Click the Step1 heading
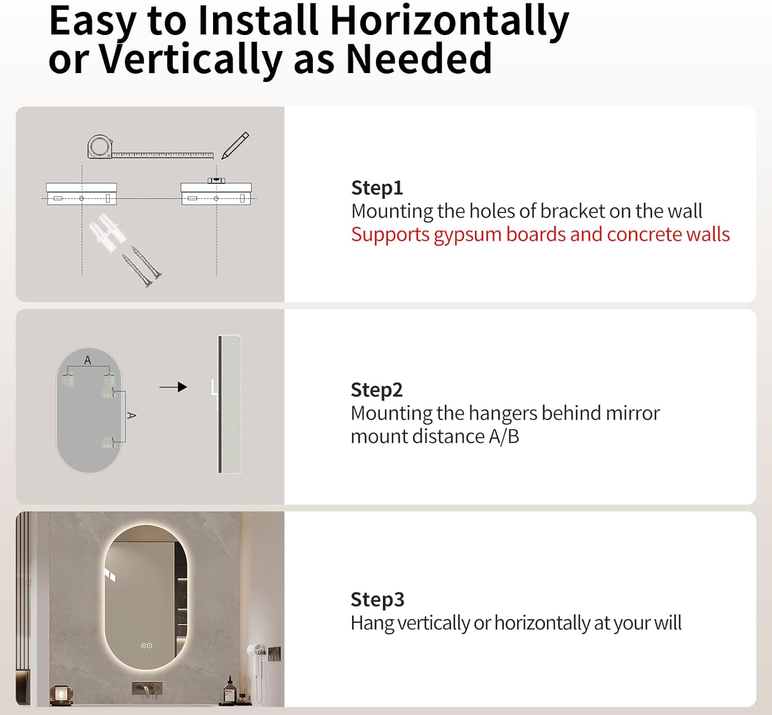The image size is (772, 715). (x=377, y=188)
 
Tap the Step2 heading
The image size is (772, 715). (x=377, y=390)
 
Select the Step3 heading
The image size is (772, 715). (x=377, y=600)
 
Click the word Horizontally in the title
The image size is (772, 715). (x=449, y=22)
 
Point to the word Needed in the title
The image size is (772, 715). (x=419, y=59)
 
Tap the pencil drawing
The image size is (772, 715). (x=235, y=146)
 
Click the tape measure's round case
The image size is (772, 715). (x=99, y=147)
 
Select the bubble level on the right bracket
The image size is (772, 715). (x=216, y=180)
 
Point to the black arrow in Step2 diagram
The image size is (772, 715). (x=173, y=387)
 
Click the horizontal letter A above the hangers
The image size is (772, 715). (x=87, y=361)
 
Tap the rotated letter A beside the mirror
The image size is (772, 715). (x=131, y=416)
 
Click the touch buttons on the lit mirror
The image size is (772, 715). (x=147, y=646)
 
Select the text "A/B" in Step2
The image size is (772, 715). (x=504, y=436)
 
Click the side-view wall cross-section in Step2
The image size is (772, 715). (x=230, y=404)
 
